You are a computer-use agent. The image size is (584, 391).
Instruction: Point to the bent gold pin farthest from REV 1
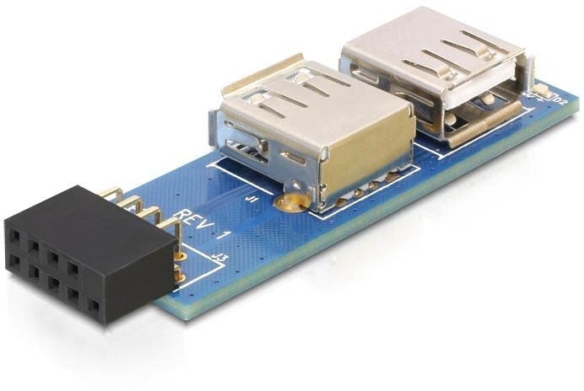114,194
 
